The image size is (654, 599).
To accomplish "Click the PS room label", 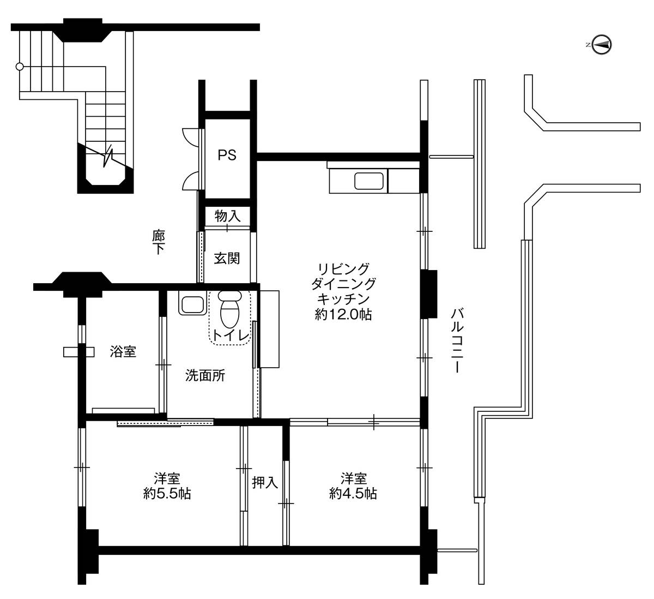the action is (227, 155).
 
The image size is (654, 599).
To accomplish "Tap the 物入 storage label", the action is (228, 216).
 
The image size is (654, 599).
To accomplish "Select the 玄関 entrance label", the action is (227, 259).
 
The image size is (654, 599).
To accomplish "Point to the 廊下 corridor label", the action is (159, 242).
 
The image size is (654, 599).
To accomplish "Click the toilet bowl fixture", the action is (230, 309).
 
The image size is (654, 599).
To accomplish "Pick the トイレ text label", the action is (231, 336).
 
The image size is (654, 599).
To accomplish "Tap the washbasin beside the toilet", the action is (192, 303).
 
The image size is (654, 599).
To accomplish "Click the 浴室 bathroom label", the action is (123, 351).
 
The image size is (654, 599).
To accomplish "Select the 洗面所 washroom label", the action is (205, 376).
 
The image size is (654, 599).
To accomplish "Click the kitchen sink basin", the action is (369, 181).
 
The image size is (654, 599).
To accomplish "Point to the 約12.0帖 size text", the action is (343, 314).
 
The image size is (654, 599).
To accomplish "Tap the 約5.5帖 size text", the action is (167, 494).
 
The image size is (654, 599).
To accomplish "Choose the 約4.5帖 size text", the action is (353, 494).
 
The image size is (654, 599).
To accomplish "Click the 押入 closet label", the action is (265, 482).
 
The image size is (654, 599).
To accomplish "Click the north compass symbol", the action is (601, 45).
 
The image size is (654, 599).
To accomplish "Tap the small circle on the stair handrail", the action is (20, 67).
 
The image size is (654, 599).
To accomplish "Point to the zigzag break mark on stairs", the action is (108, 157).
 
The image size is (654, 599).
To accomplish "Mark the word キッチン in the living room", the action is (344, 299).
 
